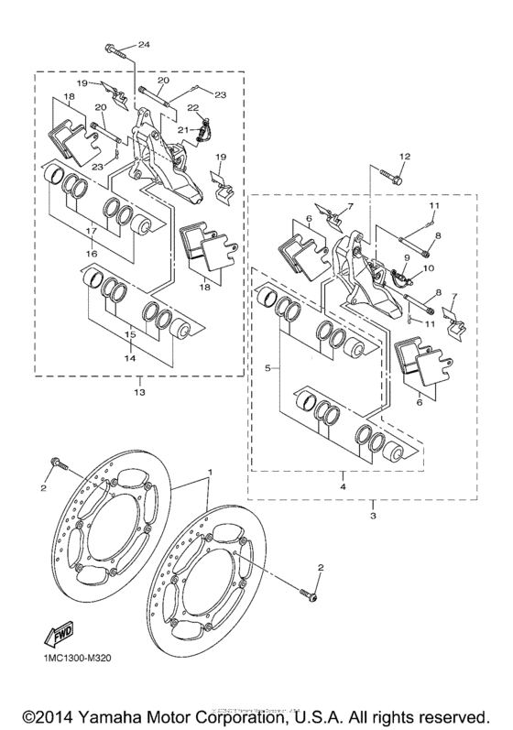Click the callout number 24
coord(144,45)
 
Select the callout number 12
coord(404,158)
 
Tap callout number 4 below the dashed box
coord(342,477)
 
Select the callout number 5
coord(267,367)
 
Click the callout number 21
coord(183,130)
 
